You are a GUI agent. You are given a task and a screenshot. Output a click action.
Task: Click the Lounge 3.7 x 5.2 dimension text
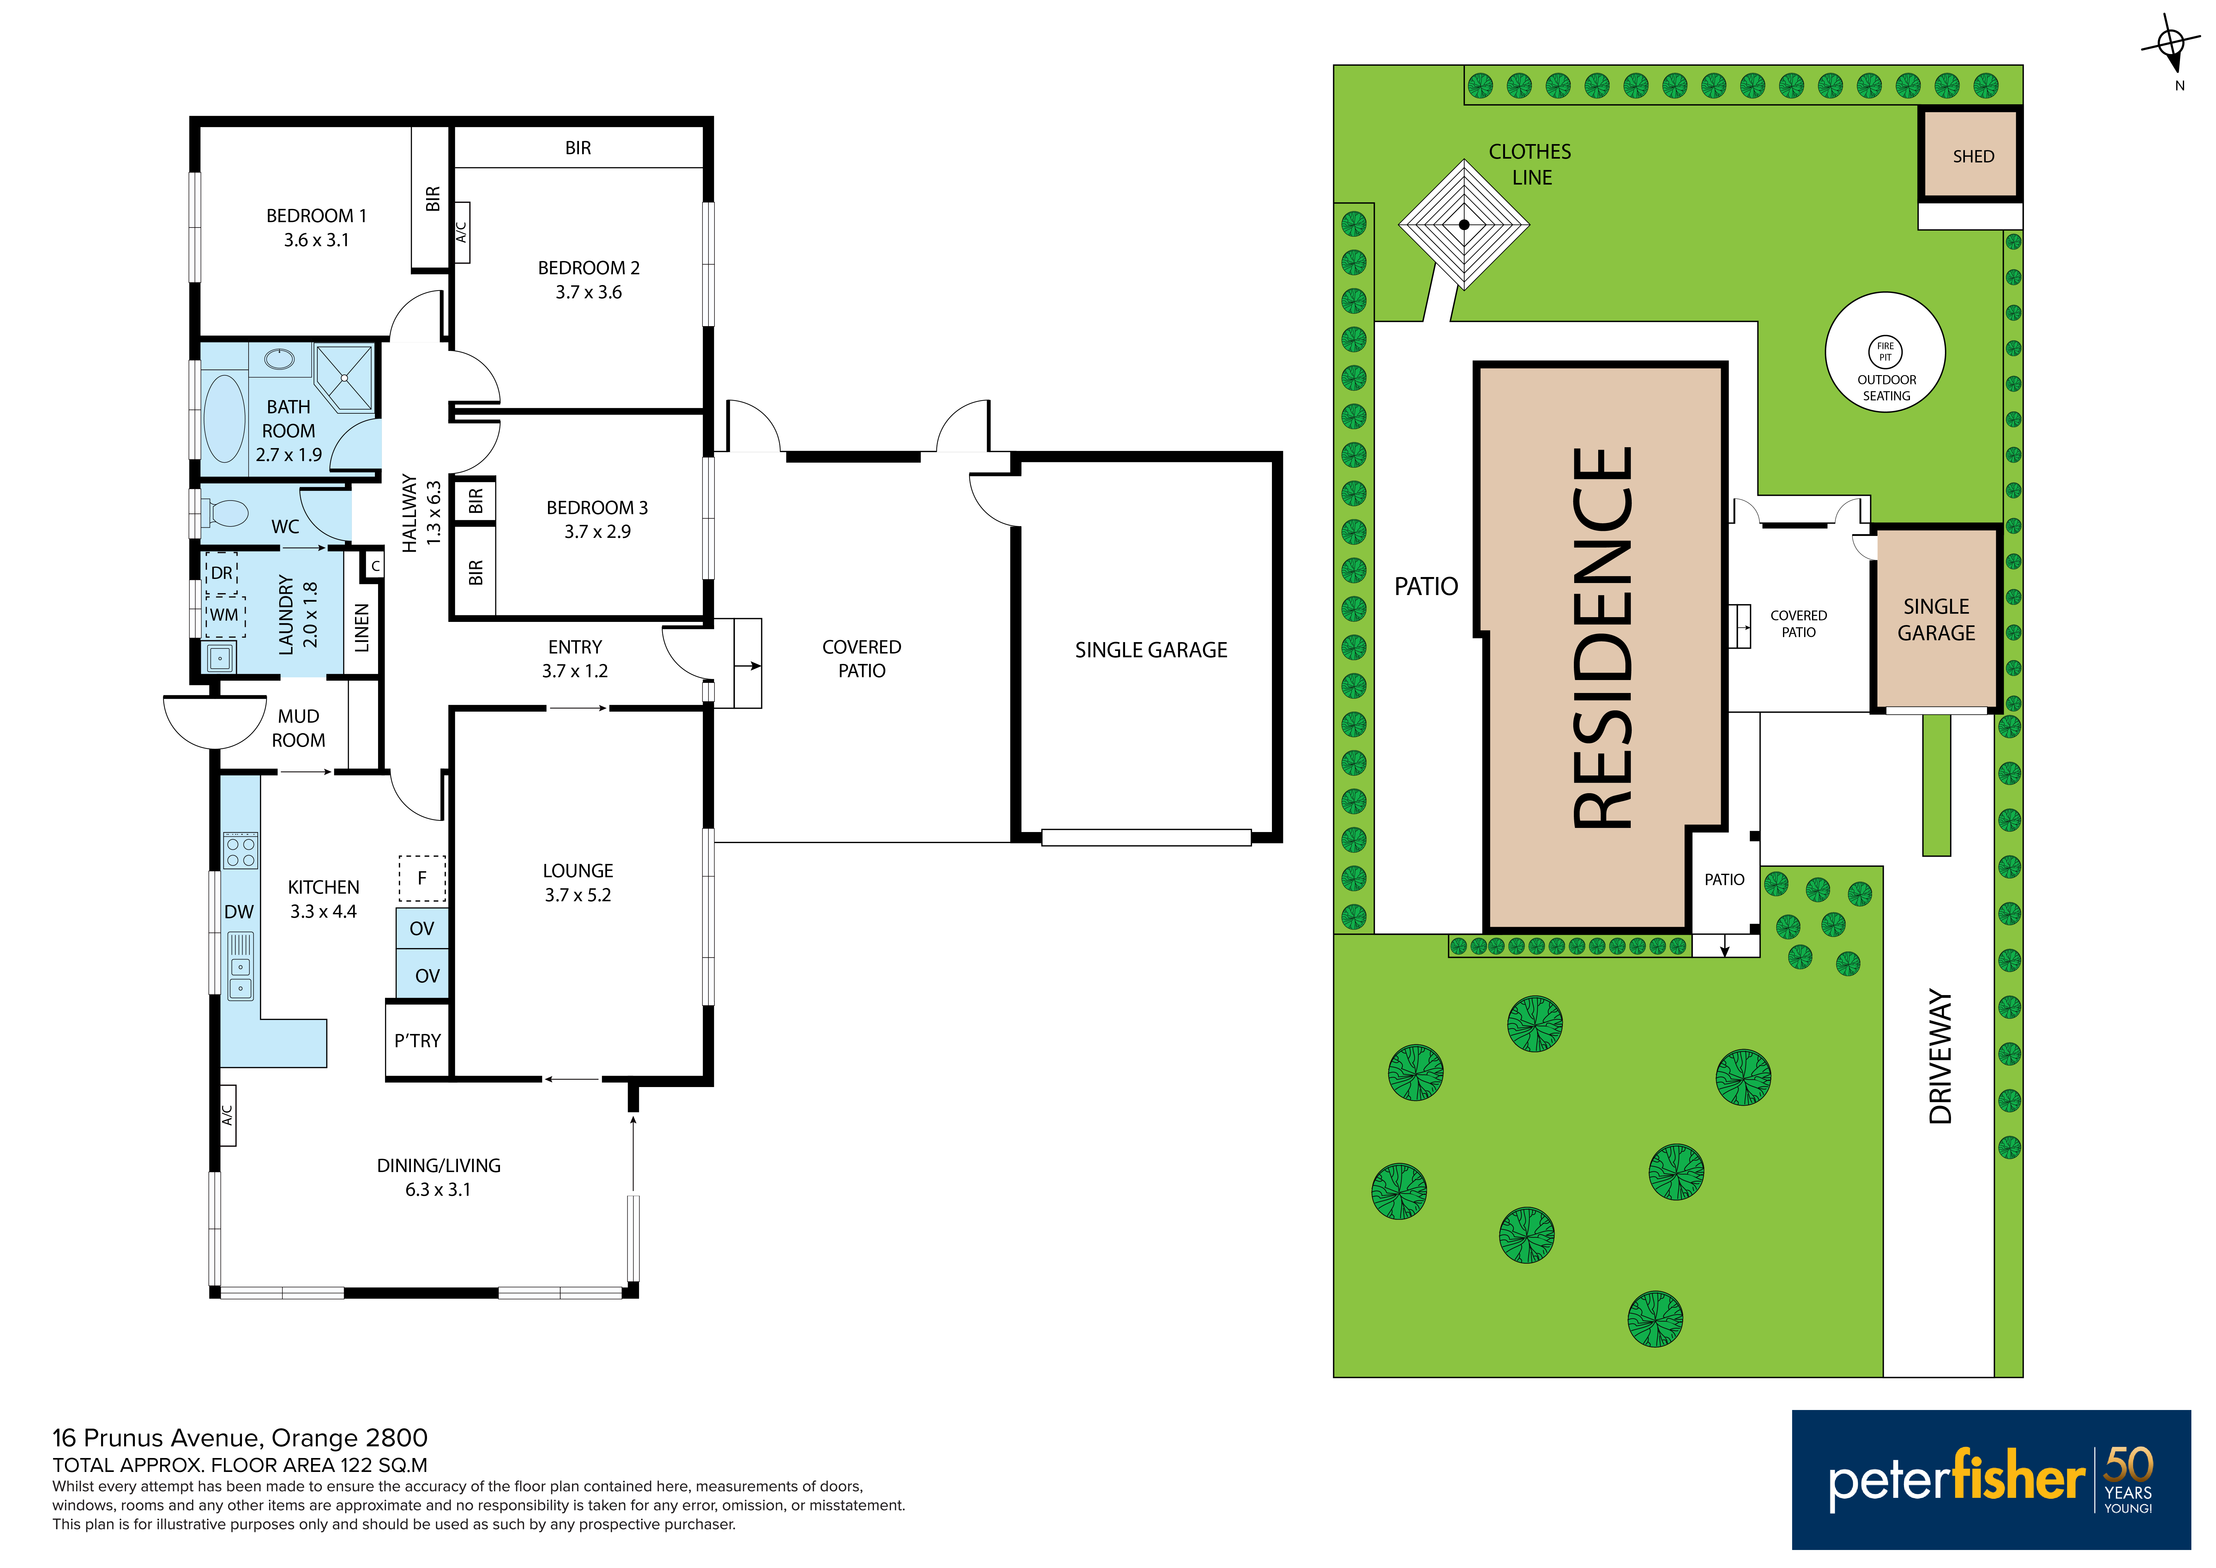click(x=578, y=895)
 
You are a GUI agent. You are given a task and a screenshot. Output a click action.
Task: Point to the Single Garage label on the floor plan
click(x=1152, y=650)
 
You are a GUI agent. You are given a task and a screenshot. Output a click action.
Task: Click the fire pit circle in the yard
click(x=1885, y=351)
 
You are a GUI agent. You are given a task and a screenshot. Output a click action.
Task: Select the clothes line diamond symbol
click(x=1464, y=225)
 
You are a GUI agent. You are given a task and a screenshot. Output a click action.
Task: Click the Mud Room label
click(x=298, y=728)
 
